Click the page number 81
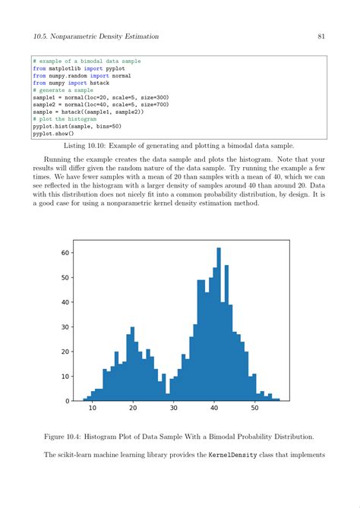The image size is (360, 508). point(321,36)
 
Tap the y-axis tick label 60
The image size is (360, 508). point(65,253)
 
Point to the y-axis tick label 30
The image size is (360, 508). point(65,327)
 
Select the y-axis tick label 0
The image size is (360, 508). point(68,400)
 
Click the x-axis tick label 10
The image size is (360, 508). point(92,409)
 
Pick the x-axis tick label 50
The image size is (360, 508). point(254,409)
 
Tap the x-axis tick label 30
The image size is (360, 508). point(173,409)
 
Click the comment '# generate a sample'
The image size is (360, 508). point(63,90)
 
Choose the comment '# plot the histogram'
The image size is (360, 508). point(65,119)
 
